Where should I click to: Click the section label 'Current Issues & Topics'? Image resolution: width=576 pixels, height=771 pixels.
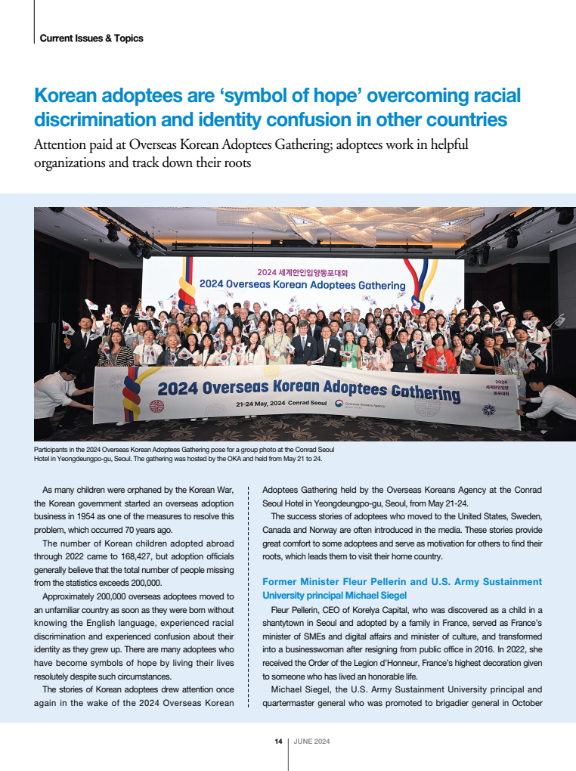pyautogui.click(x=91, y=38)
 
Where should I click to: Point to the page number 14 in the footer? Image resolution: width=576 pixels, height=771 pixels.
pyautogui.click(x=278, y=742)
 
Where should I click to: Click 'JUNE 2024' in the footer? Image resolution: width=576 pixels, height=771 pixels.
pyautogui.click(x=311, y=742)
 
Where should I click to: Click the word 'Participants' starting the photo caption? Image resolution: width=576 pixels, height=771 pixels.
pyautogui.click(x=52, y=450)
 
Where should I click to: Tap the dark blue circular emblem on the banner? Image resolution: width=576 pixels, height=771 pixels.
pyautogui.click(x=488, y=410)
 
